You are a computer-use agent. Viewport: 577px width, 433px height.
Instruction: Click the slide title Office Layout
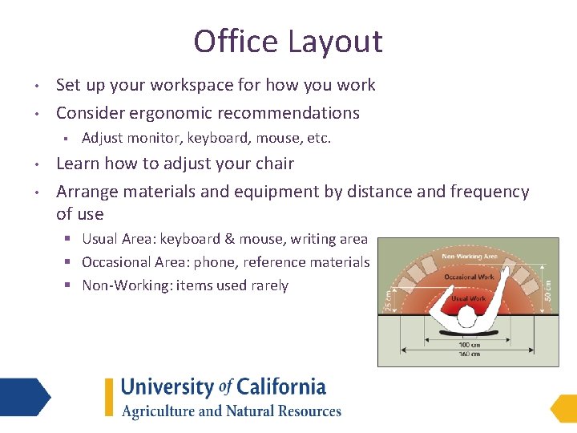[x=288, y=41]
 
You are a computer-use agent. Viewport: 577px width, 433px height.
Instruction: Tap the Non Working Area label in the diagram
[x=469, y=257]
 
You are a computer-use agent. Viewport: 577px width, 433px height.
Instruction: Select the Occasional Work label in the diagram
[x=469, y=277]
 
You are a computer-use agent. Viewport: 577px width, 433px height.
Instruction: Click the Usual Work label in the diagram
[x=469, y=298]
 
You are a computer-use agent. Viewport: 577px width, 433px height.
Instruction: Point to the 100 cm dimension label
[x=469, y=344]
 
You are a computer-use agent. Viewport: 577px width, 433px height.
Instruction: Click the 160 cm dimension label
[x=469, y=353]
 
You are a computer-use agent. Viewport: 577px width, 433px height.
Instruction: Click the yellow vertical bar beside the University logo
[x=109, y=397]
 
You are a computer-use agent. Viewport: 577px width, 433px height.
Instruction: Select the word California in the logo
[x=280, y=387]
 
